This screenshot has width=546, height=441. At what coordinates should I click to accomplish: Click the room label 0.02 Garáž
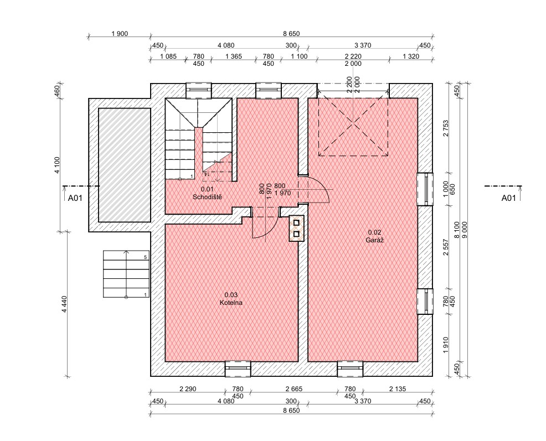pyautogui.click(x=375, y=236)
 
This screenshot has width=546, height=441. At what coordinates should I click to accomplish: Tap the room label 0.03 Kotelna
pyautogui.click(x=231, y=299)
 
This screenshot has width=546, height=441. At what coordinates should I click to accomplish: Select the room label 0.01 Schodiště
pyautogui.click(x=207, y=193)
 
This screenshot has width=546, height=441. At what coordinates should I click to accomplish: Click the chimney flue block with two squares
pyautogui.click(x=296, y=229)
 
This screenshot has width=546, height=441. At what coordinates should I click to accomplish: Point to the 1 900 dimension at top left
pyautogui.click(x=120, y=34)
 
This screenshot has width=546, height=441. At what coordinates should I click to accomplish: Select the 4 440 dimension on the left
pyautogui.click(x=64, y=304)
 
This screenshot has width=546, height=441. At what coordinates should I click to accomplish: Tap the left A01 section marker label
pyautogui.click(x=75, y=198)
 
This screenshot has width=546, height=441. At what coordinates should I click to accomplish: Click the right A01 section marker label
pyautogui.click(x=508, y=198)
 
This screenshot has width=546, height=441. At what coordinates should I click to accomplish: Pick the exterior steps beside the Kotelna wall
pyautogui.click(x=126, y=274)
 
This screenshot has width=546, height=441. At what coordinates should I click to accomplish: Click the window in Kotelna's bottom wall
pyautogui.click(x=238, y=369)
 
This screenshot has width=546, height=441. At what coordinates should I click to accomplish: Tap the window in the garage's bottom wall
pyautogui.click(x=350, y=369)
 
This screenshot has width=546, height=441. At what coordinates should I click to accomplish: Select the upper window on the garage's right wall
pyautogui.click(x=425, y=189)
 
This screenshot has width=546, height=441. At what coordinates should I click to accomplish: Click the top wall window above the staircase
pyautogui.click(x=198, y=90)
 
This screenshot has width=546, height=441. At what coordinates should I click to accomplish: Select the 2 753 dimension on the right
pyautogui.click(x=446, y=128)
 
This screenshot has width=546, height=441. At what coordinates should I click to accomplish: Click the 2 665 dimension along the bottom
pyautogui.click(x=294, y=389)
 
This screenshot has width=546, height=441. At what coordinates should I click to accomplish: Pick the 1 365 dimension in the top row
pyautogui.click(x=233, y=56)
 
